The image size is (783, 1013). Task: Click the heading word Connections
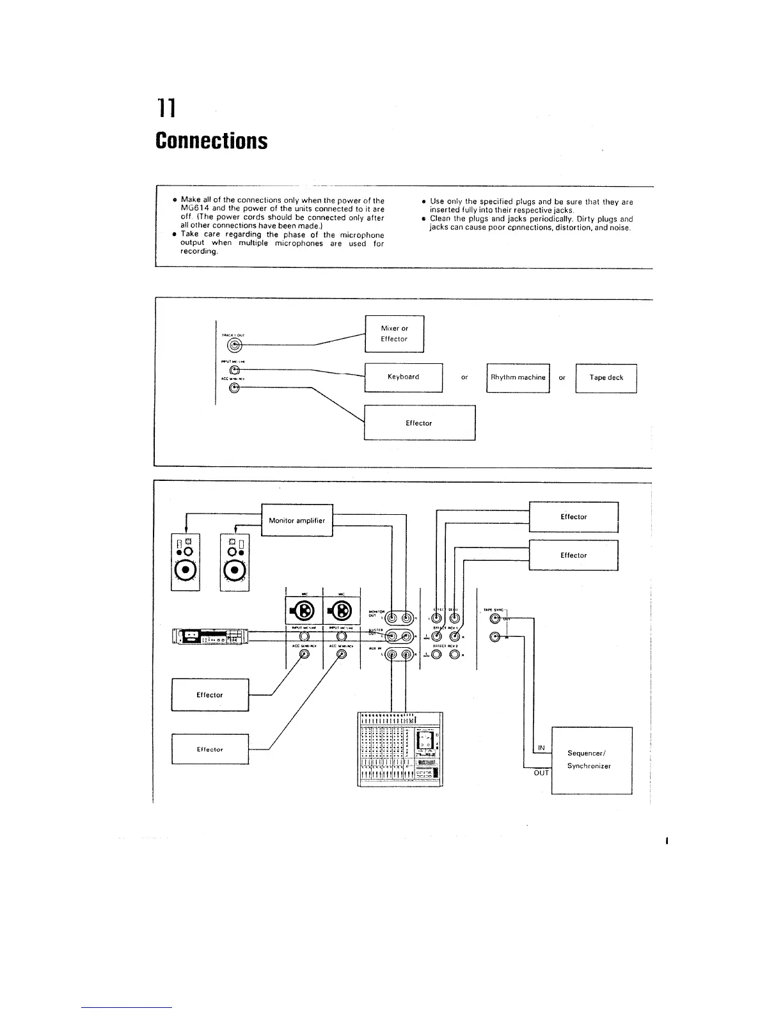[211, 140]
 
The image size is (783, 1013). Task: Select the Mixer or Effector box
[394, 334]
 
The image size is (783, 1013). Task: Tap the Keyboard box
[403, 377]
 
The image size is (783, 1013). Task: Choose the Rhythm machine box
[518, 377]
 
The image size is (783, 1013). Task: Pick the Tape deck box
[606, 377]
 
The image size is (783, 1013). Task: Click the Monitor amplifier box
[297, 521]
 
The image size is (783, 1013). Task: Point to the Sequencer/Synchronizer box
[591, 760]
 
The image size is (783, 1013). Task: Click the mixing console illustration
[399, 748]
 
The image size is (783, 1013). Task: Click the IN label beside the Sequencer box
[541, 748]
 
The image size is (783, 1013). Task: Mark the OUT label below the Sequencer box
[541, 773]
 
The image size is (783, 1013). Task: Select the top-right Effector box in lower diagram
[573, 517]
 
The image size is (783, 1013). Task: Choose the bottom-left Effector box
[210, 749]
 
